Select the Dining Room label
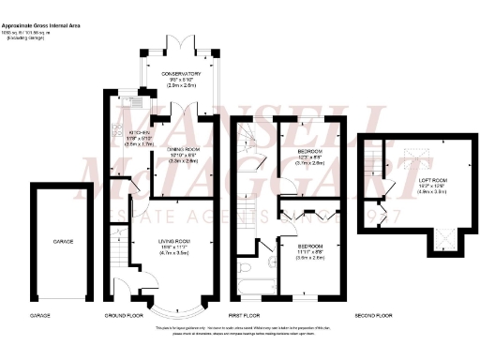(186, 149)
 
